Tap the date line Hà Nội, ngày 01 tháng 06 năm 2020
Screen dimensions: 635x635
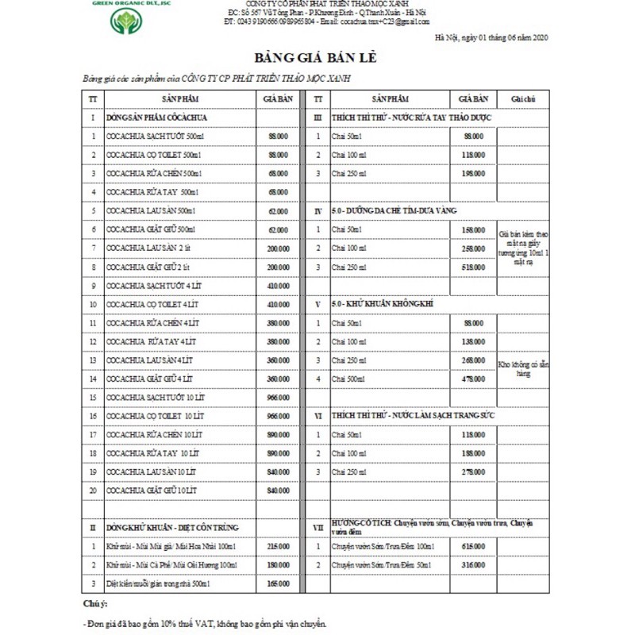(x=491, y=38)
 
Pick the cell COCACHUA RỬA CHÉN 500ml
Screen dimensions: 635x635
(x=154, y=173)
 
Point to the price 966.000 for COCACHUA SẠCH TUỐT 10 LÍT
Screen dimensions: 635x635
(x=278, y=397)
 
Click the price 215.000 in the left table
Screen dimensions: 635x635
(x=278, y=547)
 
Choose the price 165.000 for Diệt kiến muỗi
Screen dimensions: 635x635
(x=278, y=583)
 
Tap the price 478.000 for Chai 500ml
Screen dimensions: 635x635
(x=473, y=379)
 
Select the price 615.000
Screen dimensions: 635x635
(x=473, y=547)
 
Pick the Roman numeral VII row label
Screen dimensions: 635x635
(x=317, y=527)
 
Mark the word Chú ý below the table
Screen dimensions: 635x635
(x=94, y=606)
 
